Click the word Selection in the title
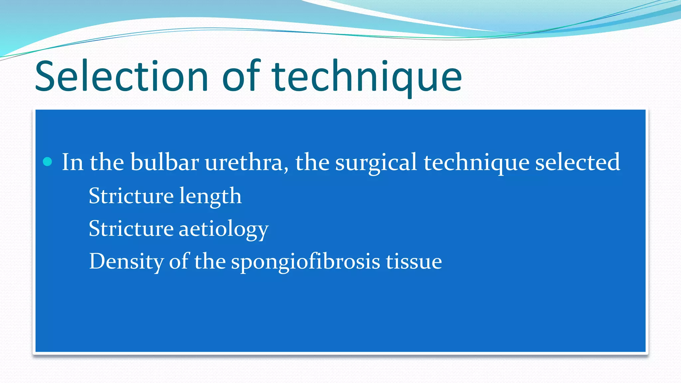pos(121,76)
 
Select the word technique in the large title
pos(367,77)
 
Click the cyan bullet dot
pos(48,162)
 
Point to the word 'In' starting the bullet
pos(72,162)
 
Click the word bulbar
pos(164,162)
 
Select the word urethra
pos(243,162)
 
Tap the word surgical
pos(376,163)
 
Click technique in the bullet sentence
pos(476,163)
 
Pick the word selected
pos(578,162)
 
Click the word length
pos(210,196)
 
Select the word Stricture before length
pos(131,196)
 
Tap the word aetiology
pos(223,229)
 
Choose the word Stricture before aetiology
pos(131,229)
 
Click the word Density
pos(126,262)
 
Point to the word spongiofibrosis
pos(305,262)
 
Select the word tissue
pos(414,262)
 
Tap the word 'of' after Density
pos(179,261)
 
